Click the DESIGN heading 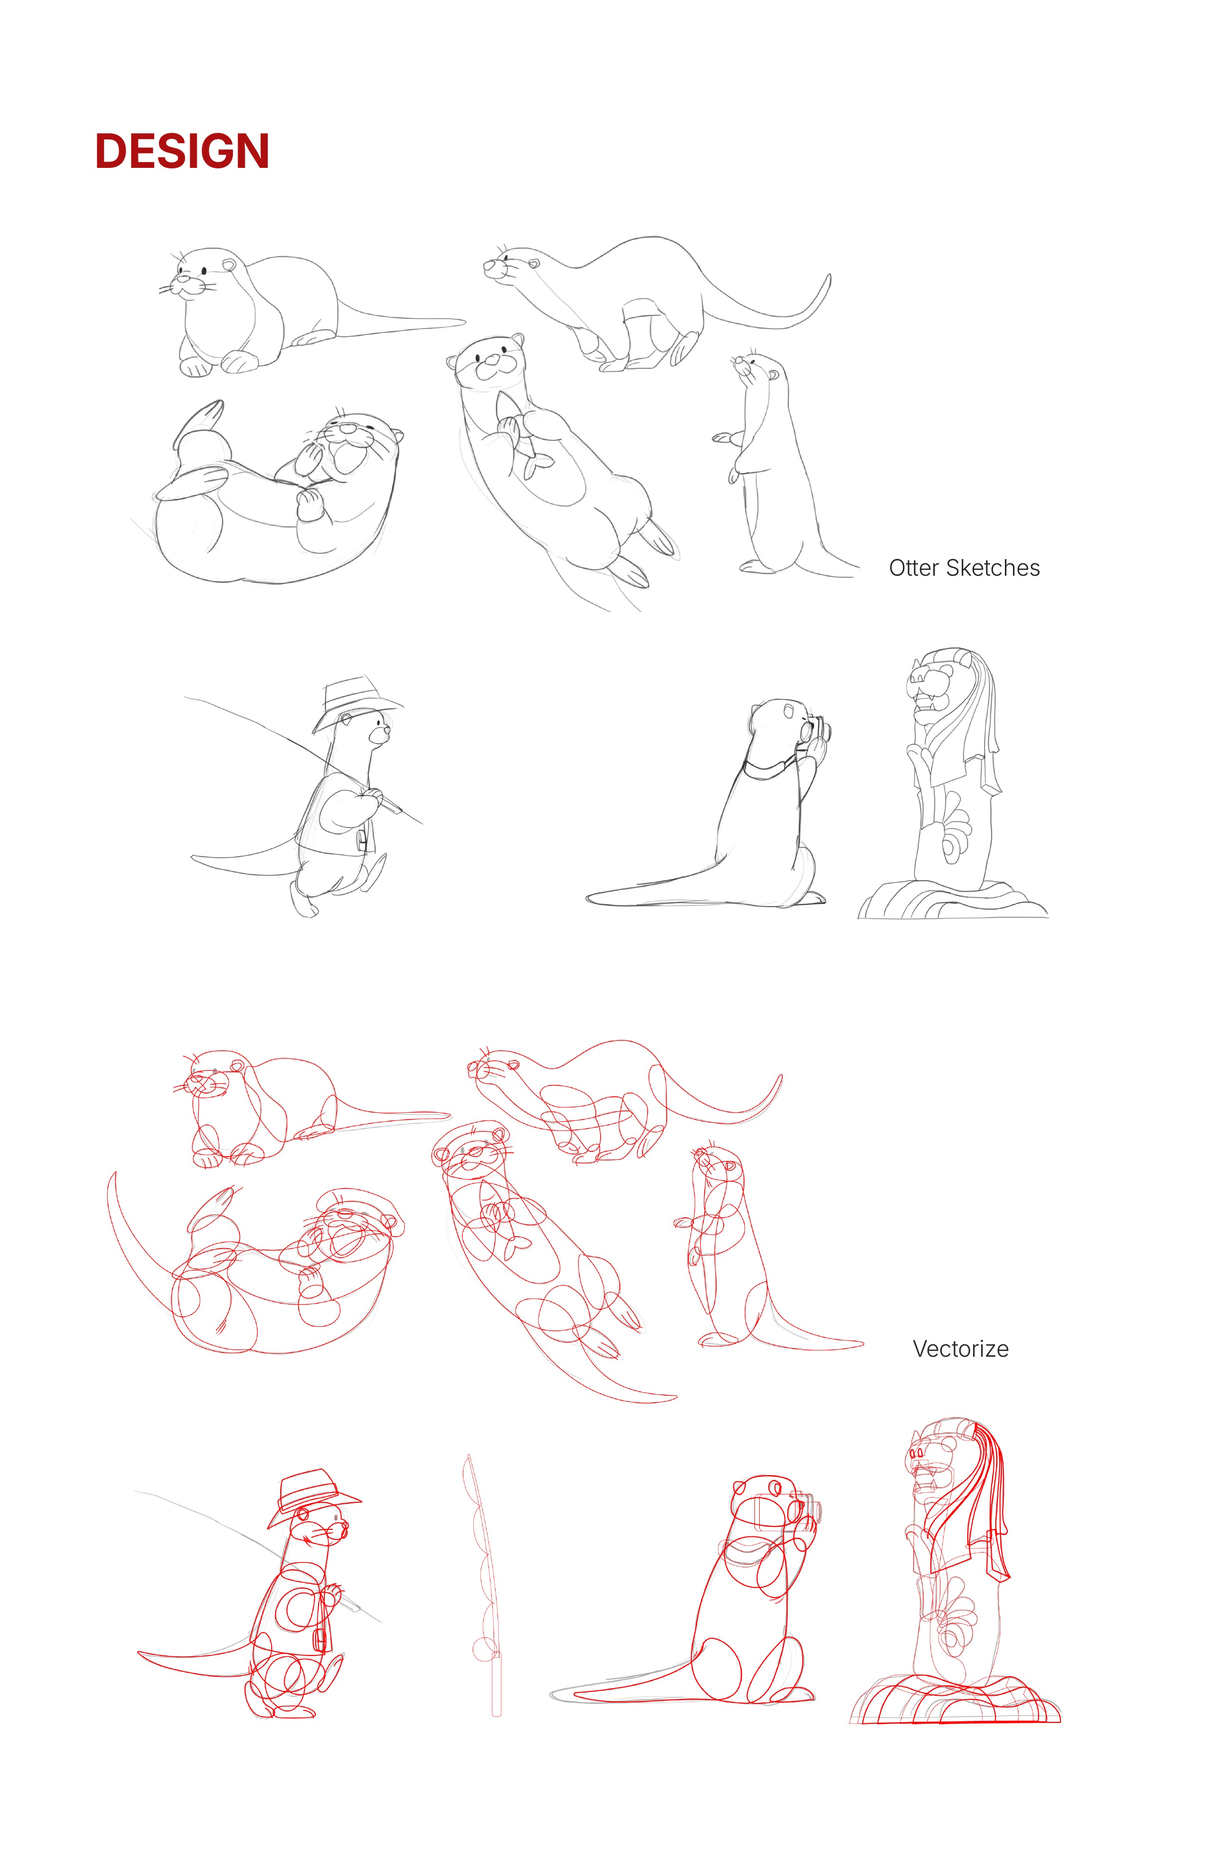[182, 151]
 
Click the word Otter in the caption [914, 568]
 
